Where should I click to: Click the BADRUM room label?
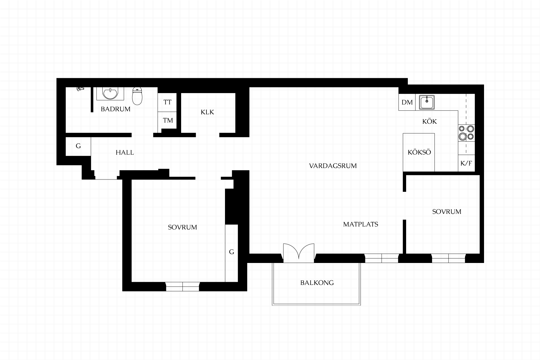[116, 109]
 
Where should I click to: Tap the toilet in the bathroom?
[137, 96]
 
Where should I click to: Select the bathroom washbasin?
[110, 94]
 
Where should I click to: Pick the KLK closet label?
[207, 112]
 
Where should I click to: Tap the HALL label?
[125, 153]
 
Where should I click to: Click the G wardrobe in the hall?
[78, 146]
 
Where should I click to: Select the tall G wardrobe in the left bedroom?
[231, 253]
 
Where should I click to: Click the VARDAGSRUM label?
[333, 166]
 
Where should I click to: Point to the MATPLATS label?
[361, 224]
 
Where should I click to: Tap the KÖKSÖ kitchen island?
[419, 152]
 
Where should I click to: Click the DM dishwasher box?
[407, 102]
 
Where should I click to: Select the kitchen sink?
[427, 102]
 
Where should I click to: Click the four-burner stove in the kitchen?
[466, 133]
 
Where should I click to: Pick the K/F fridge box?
[466, 163]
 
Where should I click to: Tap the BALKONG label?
[317, 283]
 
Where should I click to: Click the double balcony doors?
[299, 253]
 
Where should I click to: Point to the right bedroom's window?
[448, 258]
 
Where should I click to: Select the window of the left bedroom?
[183, 287]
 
